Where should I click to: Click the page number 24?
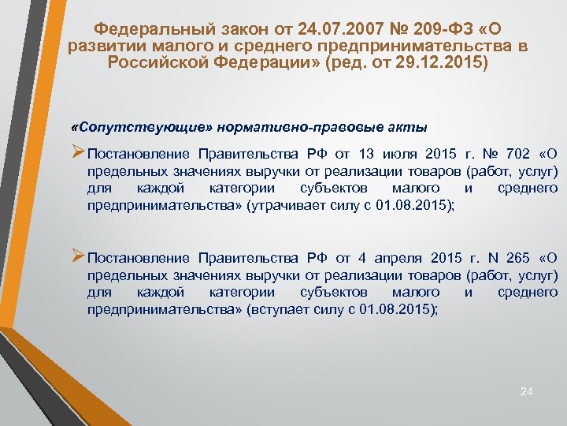(527, 391)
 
